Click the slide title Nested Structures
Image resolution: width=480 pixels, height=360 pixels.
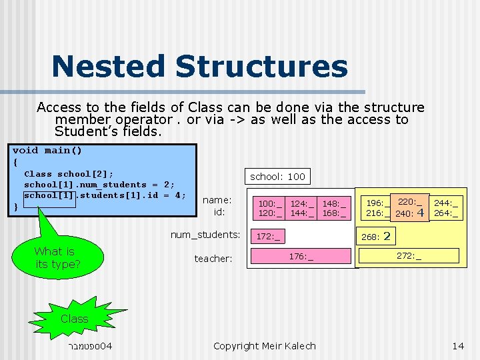199,67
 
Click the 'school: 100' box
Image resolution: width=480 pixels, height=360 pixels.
277,176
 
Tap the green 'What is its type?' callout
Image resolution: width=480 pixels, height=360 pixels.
57,258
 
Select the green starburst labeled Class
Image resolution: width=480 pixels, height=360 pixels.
74,319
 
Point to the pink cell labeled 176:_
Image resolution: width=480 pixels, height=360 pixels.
301,256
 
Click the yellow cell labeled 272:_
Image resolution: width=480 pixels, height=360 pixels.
409,255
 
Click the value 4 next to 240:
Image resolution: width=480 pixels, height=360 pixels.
420,213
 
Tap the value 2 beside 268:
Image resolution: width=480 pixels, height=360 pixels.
387,236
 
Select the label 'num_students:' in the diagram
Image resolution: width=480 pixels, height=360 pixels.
205,235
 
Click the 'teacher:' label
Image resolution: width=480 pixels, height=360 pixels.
213,258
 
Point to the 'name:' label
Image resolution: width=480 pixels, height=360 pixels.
217,200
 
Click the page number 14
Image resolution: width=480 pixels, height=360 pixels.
457,345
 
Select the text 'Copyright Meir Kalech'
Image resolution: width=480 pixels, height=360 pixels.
265,345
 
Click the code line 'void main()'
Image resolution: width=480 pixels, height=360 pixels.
47,150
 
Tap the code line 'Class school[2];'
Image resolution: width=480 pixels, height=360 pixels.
69,173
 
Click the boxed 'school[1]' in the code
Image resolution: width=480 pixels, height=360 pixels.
51,195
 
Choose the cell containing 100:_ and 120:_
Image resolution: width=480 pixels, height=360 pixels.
271,208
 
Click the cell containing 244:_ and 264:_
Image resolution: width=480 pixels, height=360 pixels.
446,208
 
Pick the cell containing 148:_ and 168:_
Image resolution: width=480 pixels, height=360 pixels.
333,208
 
